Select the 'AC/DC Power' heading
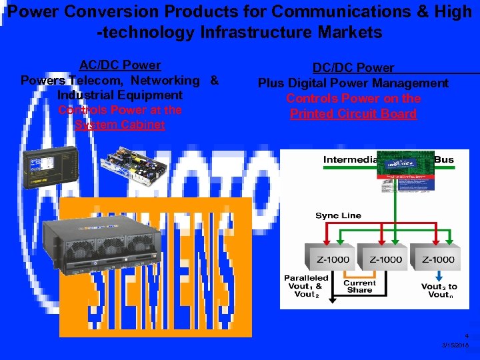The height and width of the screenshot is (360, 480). (x=120, y=65)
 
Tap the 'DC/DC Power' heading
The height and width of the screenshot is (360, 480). (x=355, y=68)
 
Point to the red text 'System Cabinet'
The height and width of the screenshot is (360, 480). (x=120, y=125)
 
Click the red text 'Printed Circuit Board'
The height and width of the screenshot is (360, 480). (x=353, y=113)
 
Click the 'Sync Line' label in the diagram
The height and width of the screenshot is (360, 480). (x=338, y=215)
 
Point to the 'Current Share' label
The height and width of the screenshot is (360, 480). (x=359, y=287)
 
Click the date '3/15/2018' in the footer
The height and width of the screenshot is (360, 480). (x=455, y=346)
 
